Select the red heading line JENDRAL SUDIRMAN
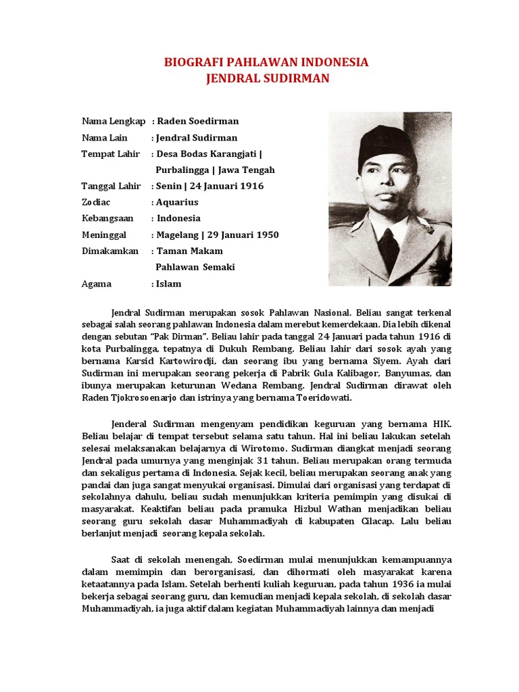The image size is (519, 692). (x=267, y=78)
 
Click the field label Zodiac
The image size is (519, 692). (x=96, y=202)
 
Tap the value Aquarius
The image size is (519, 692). (x=178, y=202)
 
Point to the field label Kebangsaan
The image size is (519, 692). (x=107, y=218)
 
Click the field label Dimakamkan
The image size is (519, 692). (x=110, y=251)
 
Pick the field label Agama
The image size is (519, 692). (x=97, y=284)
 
